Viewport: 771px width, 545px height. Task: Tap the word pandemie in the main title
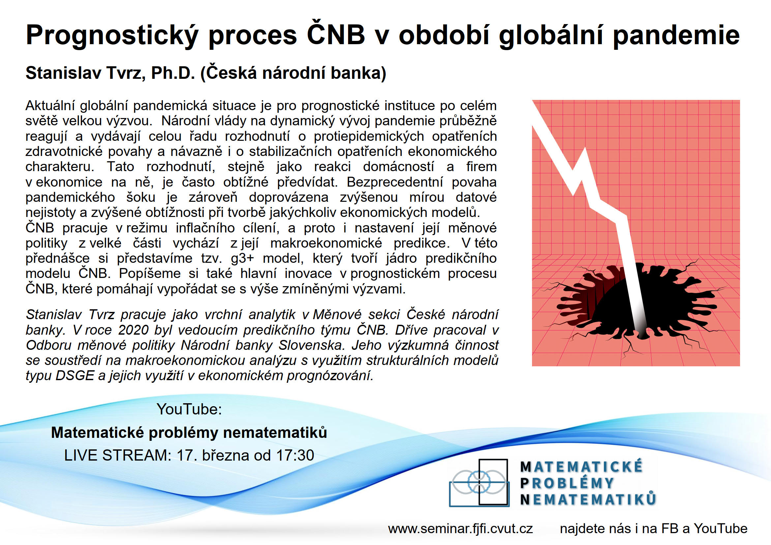(676, 35)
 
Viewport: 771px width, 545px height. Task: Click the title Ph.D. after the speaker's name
(173, 73)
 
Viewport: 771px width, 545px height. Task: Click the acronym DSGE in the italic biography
(74, 376)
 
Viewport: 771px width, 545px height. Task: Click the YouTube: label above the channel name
(189, 409)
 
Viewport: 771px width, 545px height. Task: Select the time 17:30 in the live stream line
(295, 456)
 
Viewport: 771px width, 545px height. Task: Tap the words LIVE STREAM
(118, 456)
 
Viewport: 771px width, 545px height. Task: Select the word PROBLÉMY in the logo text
(567, 483)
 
